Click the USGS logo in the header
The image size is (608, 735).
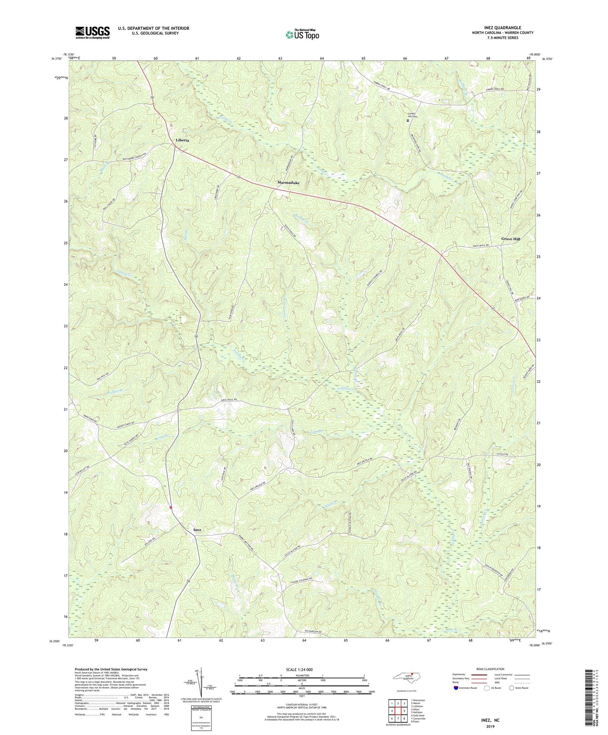pyautogui.click(x=92, y=32)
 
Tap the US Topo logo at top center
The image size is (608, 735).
pyautogui.click(x=302, y=35)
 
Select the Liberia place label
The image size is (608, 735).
pyautogui.click(x=182, y=140)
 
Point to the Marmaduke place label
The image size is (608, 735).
pyautogui.click(x=288, y=183)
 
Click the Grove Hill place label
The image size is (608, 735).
pyautogui.click(x=510, y=239)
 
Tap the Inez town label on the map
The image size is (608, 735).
pyautogui.click(x=197, y=530)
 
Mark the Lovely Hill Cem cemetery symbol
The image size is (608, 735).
pyautogui.click(x=408, y=120)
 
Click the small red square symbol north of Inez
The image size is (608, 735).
pyautogui.click(x=170, y=507)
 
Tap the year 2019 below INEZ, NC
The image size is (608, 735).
pyautogui.click(x=490, y=727)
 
